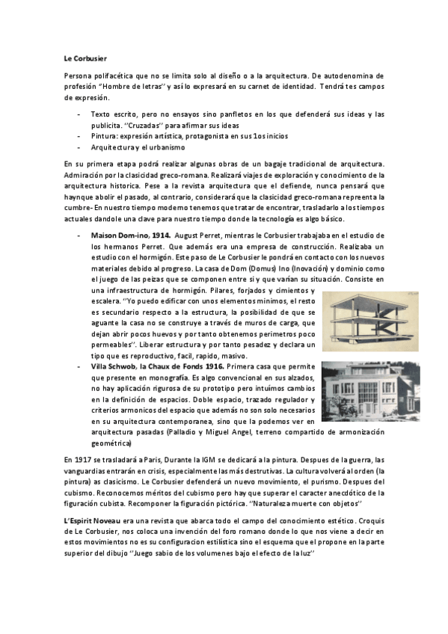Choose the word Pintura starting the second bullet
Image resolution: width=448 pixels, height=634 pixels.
(104, 136)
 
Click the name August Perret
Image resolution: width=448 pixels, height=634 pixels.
(197, 235)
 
